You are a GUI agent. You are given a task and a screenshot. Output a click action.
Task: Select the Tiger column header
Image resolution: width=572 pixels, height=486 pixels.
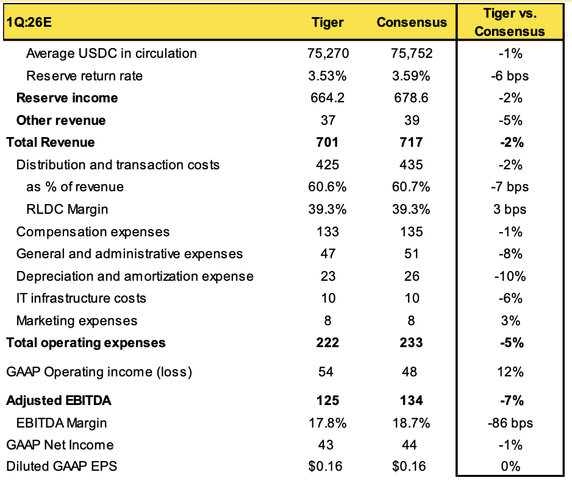tap(328, 23)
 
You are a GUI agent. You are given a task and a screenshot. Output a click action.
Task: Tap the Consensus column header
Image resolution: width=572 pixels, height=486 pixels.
tap(412, 23)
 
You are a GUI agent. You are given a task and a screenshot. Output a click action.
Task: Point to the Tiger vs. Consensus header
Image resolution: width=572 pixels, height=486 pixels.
tap(509, 23)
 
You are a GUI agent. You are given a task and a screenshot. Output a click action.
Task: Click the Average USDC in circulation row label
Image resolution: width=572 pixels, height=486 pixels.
tap(112, 54)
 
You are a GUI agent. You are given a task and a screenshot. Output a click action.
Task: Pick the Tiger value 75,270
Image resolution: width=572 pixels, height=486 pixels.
tap(328, 54)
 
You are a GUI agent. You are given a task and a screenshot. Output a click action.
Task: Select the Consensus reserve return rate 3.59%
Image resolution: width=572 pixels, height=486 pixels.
tap(412, 76)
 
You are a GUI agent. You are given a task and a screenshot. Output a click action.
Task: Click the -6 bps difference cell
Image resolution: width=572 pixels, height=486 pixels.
tap(509, 76)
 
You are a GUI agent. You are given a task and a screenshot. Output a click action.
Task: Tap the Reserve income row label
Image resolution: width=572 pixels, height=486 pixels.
tap(67, 98)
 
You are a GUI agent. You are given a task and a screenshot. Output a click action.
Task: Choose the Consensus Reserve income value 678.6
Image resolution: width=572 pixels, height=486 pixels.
tap(412, 98)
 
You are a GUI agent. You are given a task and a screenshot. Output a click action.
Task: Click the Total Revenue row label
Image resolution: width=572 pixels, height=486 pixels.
tap(51, 143)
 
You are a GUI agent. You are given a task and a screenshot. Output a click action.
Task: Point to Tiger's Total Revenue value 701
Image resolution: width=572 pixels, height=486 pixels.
tap(328, 143)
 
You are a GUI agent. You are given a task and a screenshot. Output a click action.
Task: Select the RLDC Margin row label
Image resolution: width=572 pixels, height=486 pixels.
tap(67, 210)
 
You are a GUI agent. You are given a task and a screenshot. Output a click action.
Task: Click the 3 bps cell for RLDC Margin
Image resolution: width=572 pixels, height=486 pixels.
tap(509, 210)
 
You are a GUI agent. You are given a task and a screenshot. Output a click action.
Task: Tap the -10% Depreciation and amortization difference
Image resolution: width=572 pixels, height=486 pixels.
tap(509, 276)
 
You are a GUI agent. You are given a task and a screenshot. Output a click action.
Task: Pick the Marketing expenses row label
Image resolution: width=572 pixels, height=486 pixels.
tap(77, 321)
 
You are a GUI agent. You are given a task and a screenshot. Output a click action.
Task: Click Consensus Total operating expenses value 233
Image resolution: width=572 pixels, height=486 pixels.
tap(412, 343)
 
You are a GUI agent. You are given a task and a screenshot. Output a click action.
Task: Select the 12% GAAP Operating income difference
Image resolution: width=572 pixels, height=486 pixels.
tap(509, 372)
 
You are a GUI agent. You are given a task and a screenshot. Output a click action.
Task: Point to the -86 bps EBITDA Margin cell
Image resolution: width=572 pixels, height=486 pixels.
tap(509, 423)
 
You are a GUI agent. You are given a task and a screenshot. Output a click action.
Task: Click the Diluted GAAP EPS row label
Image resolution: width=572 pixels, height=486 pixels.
tap(62, 467)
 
